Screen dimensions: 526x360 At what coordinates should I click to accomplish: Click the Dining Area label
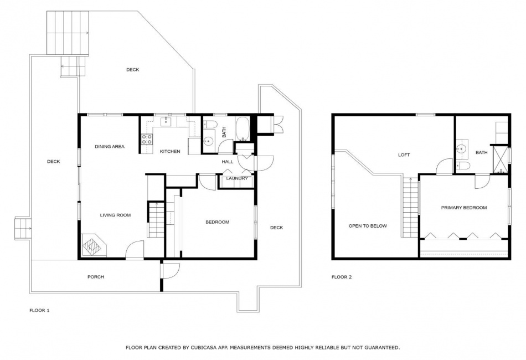110,147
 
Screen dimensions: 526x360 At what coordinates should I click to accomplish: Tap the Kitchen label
170,152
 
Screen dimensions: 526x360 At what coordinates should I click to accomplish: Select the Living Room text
115,215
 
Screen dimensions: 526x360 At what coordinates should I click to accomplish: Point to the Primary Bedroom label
464,208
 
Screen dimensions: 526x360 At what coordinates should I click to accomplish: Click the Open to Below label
368,226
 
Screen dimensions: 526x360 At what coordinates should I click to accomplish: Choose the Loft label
404,155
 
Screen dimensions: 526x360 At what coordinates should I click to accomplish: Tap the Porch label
96,277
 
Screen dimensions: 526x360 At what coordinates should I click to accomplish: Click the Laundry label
237,178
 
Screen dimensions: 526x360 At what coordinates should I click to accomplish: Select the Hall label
228,162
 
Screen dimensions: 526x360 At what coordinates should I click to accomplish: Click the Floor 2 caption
342,277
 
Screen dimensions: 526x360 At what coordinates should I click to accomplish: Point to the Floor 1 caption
39,310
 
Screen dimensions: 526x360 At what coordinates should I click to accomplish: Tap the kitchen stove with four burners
147,139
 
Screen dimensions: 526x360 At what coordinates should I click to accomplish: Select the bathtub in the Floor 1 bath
242,129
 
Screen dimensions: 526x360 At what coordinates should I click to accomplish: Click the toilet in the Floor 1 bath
210,124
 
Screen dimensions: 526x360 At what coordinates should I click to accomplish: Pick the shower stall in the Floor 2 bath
499,159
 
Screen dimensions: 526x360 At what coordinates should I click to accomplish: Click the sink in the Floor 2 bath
462,148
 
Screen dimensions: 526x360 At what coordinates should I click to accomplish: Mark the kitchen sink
166,121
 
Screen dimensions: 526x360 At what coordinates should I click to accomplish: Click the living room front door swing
135,250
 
